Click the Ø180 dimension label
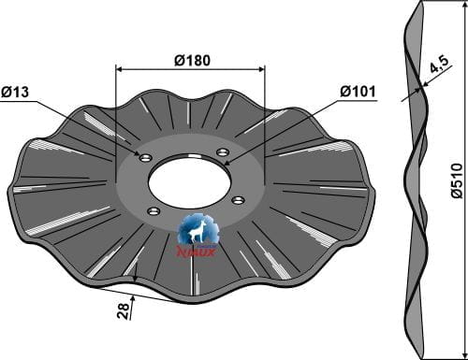192,60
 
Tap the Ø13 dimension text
18,92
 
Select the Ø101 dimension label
358,92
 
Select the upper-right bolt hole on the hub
222,152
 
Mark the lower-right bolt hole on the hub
238,199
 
